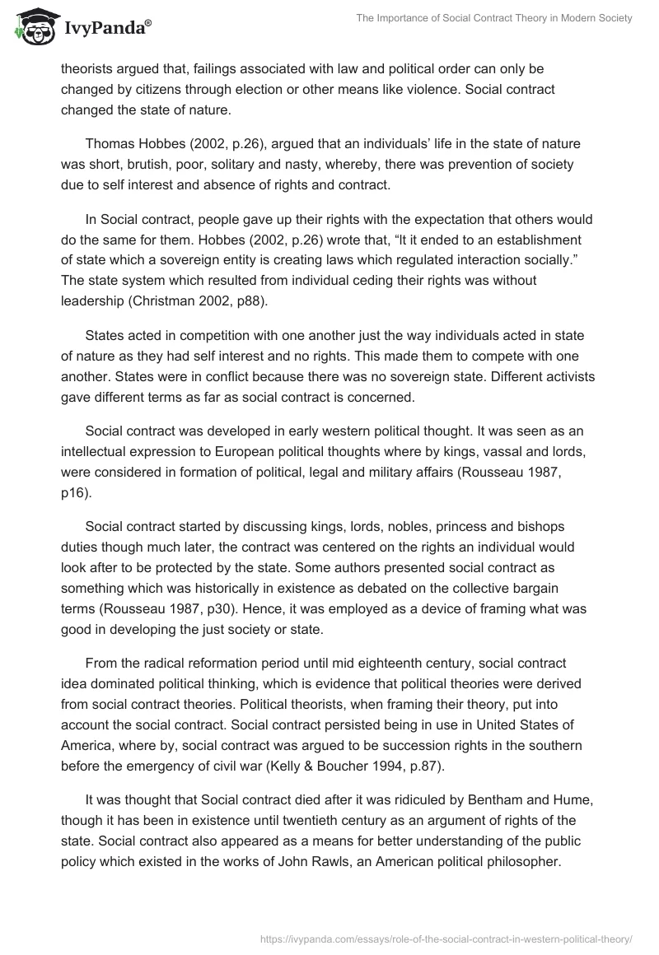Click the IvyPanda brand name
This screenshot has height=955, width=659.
[x=106, y=29]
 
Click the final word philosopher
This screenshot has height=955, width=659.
[x=524, y=861]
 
